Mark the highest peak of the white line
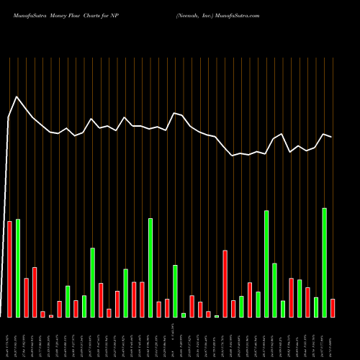17,97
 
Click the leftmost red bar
9,269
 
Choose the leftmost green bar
17,268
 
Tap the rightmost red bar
333,308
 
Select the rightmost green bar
324,263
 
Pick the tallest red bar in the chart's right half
225,284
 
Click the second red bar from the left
26,297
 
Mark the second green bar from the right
315,307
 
